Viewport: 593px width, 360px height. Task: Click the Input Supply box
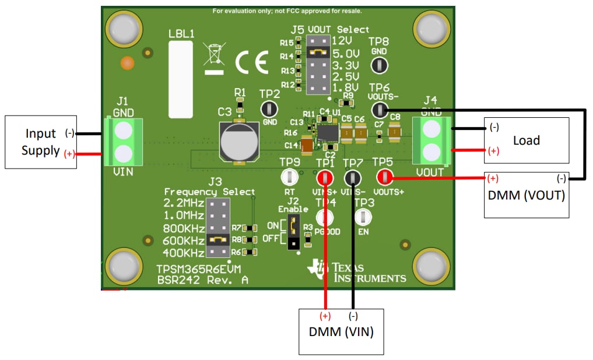[x=41, y=142]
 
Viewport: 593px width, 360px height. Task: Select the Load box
[x=526, y=141]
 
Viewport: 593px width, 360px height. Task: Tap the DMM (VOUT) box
[x=526, y=195]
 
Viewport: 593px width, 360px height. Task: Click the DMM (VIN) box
[x=341, y=331]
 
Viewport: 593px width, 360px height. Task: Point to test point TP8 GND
[x=379, y=65]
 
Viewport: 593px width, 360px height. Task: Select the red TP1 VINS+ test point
[x=325, y=177]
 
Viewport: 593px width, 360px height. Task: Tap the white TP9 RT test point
[x=289, y=177]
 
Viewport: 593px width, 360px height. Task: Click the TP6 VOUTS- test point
[x=380, y=109]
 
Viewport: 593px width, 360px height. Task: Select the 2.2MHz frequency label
[x=184, y=203]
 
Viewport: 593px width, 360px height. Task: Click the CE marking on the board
[x=251, y=61]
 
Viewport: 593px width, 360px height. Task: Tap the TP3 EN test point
[x=363, y=217]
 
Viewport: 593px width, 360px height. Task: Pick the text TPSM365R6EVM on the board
[x=198, y=270]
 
